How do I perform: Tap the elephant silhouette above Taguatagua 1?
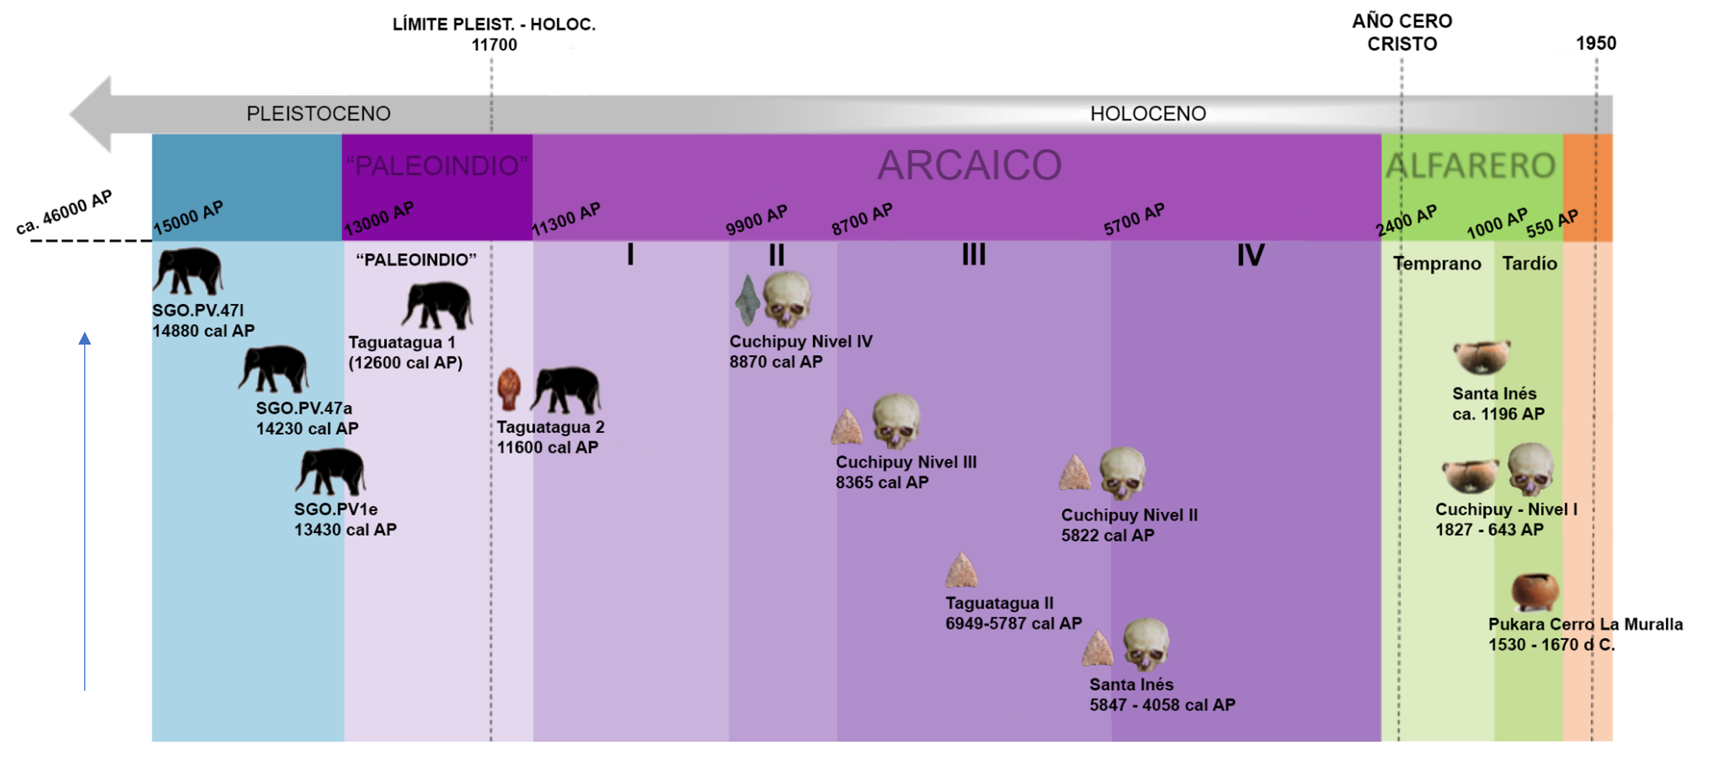point(438,305)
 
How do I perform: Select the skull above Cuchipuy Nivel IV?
point(787,300)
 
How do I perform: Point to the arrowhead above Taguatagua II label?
point(961,571)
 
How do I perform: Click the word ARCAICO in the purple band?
point(969,165)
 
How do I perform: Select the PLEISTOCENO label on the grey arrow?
point(318,113)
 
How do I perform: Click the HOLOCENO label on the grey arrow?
point(1148,113)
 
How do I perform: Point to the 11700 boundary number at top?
point(494,45)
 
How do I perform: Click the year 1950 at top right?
point(1596,44)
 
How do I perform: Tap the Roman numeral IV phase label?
point(1251,255)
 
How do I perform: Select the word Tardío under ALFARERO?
point(1529,264)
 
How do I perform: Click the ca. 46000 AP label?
point(64,212)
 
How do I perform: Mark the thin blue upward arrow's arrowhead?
point(85,339)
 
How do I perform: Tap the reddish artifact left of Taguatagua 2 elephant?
point(509,389)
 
